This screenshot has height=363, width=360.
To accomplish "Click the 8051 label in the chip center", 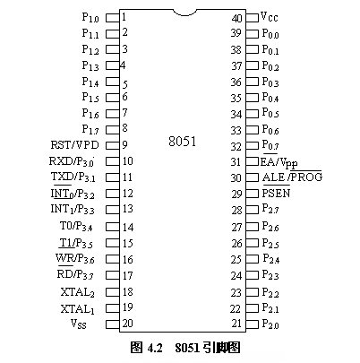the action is click(182, 142).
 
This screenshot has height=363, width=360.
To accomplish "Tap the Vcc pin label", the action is click(269, 17).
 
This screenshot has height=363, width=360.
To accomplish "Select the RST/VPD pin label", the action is click(74, 145).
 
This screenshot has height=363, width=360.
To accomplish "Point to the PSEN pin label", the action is click(276, 193).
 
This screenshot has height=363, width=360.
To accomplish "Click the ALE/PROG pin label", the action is click(292, 177).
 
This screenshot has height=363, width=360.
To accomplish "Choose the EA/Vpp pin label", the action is click(279, 162).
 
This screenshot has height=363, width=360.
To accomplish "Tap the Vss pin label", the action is click(79, 324).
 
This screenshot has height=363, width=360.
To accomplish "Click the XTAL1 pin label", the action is click(78, 309).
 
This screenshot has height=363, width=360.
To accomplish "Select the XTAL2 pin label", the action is click(78, 292).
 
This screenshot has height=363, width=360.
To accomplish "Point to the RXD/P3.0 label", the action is click(72, 161).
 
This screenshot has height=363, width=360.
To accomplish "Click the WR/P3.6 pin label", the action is click(75, 258).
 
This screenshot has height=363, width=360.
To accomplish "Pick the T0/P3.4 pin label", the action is click(76, 226).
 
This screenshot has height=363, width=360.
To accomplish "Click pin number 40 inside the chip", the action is click(236, 18).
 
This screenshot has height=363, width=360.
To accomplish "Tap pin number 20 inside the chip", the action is click(127, 323).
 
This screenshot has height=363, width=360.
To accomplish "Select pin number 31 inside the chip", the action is click(236, 162).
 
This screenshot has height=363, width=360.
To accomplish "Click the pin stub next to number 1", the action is click(113, 18).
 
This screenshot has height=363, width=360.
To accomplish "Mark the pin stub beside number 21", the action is click(253, 324).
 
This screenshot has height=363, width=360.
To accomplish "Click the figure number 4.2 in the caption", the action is click(155, 348).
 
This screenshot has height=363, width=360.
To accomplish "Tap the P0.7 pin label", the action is click(270, 145).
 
